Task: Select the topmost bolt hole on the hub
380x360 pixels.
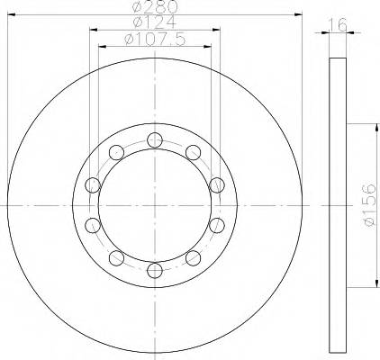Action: click(x=154, y=139)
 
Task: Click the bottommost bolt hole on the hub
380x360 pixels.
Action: click(x=154, y=269)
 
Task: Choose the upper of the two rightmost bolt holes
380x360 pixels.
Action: click(x=215, y=184)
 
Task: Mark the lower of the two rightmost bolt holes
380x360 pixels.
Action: click(x=215, y=224)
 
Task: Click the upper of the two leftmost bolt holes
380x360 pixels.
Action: click(x=92, y=184)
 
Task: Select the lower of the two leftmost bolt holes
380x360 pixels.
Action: click(x=92, y=224)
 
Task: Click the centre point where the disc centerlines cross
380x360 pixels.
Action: click(x=154, y=204)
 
